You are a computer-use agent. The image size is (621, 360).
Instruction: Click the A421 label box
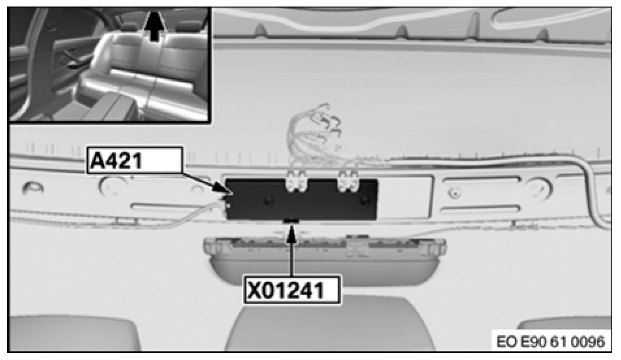pyautogui.click(x=135, y=161)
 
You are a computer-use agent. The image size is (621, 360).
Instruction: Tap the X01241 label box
pyautogui.click(x=292, y=290)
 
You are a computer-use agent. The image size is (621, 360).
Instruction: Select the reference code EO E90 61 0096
pyautogui.click(x=551, y=341)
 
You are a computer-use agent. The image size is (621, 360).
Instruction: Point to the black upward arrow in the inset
pyautogui.click(x=155, y=26)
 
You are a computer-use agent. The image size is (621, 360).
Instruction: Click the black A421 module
pyautogui.click(x=301, y=199)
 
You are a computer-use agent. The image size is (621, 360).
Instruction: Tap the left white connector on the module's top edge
pyautogui.click(x=297, y=181)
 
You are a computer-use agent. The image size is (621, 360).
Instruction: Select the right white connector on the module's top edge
pyautogui.click(x=347, y=181)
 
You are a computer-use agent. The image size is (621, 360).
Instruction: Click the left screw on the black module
pyautogui.click(x=269, y=201)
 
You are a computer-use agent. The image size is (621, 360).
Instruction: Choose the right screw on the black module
pyautogui.click(x=362, y=201)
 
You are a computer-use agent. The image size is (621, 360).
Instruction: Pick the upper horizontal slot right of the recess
pyautogui.click(x=481, y=181)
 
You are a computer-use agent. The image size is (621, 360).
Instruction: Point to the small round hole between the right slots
pyautogui.click(x=455, y=193)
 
